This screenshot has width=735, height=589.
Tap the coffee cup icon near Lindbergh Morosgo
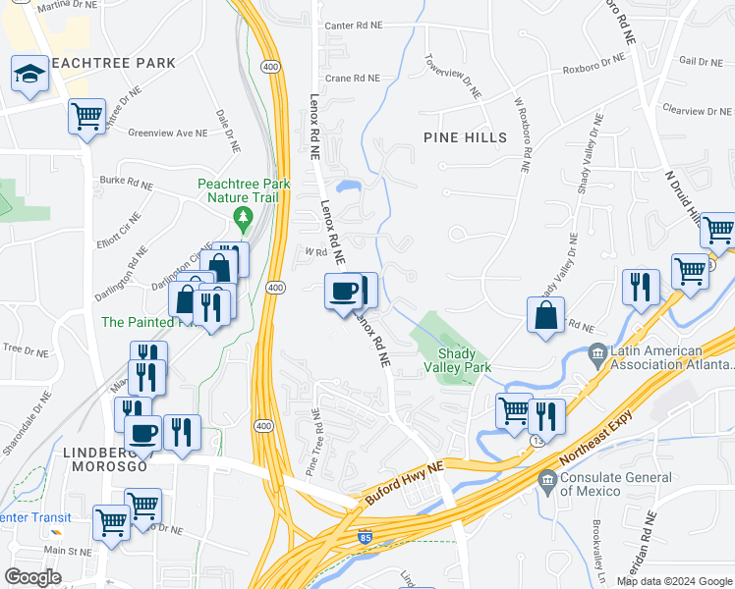(x=143, y=433)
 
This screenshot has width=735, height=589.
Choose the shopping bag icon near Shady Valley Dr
(x=545, y=315)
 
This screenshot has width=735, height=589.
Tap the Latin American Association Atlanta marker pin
(x=595, y=351)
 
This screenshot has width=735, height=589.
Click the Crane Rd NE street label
(x=352, y=78)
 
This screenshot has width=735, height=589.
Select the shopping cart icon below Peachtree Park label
(x=86, y=117)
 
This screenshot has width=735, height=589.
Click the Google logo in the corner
(x=32, y=577)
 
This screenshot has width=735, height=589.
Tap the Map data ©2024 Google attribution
(x=673, y=581)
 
